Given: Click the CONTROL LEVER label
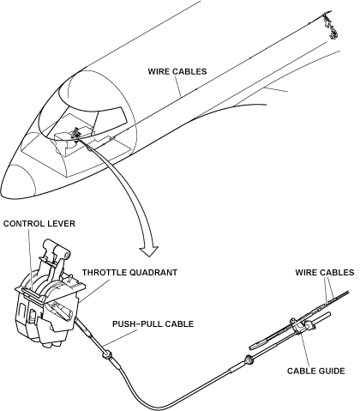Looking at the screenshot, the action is [39, 224].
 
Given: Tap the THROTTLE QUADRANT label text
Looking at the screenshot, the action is [129, 273].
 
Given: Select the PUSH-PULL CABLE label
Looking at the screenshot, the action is [153, 324].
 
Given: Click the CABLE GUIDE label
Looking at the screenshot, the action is [316, 372].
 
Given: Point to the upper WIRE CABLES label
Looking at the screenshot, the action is [177, 71].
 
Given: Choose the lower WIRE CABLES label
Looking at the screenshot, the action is [325, 273].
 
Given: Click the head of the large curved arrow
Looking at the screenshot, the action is [148, 250].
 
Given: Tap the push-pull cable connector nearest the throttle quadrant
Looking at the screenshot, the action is [107, 355].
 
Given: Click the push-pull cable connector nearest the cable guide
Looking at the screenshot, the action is [249, 360].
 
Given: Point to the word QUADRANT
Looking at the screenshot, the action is [153, 273].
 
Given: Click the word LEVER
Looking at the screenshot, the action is [63, 224].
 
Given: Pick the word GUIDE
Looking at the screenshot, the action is [332, 372].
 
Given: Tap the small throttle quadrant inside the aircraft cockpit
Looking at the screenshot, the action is [75, 134].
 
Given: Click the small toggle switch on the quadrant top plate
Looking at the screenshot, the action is [69, 279].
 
